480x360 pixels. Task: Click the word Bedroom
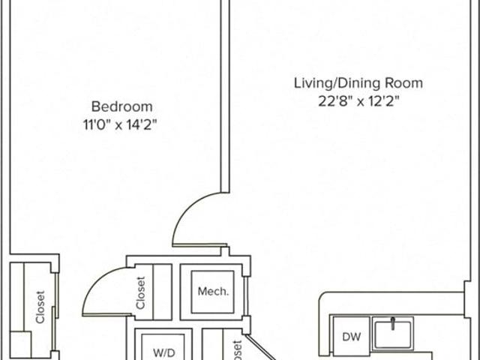tap(121, 106)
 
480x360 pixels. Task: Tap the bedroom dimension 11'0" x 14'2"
tap(120, 124)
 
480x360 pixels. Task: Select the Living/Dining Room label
tap(358, 83)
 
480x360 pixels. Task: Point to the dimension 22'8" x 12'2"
tap(358, 101)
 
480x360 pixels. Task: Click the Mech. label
tap(213, 291)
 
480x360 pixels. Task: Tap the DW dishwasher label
tap(352, 337)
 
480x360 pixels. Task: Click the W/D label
tap(164, 352)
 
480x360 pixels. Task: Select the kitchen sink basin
tap(393, 334)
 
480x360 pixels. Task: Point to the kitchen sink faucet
tap(393, 323)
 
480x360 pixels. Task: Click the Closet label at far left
tap(40, 307)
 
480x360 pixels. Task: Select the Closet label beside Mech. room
tap(140, 293)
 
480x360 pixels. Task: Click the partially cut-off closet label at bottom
tap(237, 349)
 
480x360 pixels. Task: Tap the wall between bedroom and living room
tap(225, 96)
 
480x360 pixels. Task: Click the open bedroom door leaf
tap(199, 245)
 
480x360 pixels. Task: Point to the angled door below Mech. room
tap(260, 347)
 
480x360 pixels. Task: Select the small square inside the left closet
tap(20, 346)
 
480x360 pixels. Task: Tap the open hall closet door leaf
tap(107, 314)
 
